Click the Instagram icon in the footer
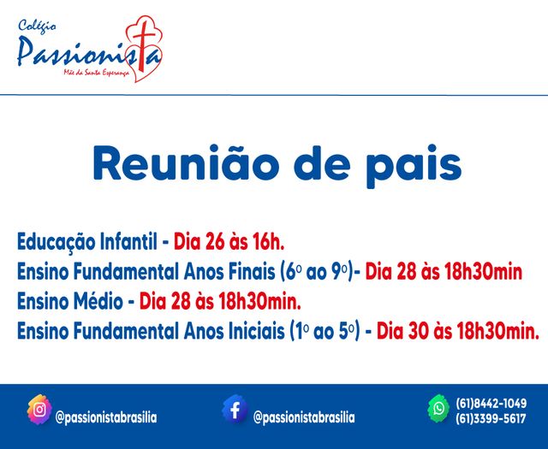[x=39, y=409]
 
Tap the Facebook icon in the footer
[x=235, y=409]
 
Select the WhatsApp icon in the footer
[x=439, y=409]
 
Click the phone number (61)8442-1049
[x=491, y=403]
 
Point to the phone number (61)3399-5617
[x=491, y=418]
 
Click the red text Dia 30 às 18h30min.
[x=458, y=330]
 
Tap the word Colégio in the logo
[x=36, y=26]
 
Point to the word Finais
[x=248, y=272]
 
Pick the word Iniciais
[x=254, y=330]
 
